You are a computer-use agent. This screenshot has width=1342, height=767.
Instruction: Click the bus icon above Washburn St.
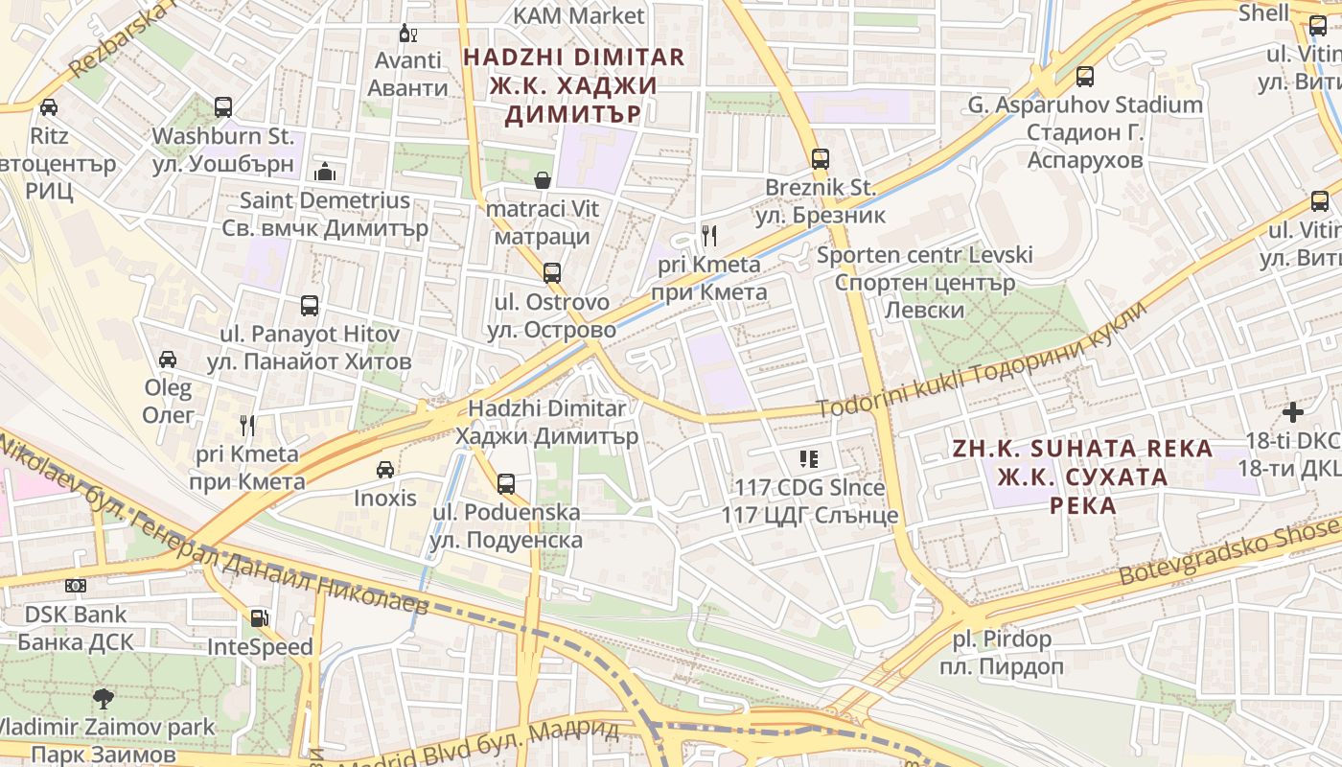[223, 107]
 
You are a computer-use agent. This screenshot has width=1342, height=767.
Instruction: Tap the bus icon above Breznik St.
[820, 159]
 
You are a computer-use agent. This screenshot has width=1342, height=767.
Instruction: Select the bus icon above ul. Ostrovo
[551, 273]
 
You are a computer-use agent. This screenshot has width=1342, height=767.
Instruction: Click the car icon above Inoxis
[384, 470]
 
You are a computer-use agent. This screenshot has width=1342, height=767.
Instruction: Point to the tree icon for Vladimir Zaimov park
[103, 698]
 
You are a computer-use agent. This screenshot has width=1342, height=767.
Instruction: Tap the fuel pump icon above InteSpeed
[259, 618]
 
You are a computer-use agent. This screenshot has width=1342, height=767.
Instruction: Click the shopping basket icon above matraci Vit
[543, 180]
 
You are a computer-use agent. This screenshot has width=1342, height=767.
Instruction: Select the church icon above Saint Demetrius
[325, 172]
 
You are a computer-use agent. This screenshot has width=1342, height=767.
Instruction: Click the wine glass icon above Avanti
[407, 34]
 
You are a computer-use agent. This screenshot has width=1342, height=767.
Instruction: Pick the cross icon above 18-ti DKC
[1293, 412]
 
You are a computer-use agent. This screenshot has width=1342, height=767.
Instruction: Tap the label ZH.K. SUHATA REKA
[1082, 449]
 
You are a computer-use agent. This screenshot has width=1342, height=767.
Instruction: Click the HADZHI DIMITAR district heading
[574, 57]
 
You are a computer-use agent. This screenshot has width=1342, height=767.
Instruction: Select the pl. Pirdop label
[1002, 639]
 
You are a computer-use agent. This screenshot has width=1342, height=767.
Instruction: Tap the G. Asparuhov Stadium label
[1084, 105]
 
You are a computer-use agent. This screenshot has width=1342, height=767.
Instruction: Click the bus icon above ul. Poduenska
[506, 483]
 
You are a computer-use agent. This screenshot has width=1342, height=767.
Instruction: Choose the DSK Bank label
[76, 614]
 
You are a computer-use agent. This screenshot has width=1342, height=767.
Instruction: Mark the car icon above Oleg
[168, 360]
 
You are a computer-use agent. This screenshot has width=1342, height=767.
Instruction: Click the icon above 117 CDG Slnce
[809, 459]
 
